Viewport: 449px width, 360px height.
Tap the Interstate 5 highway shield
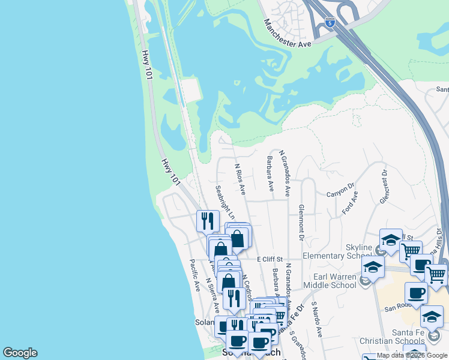pos(330,22)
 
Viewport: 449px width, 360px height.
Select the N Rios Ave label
pos(240,179)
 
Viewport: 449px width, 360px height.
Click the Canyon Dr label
pos(340,193)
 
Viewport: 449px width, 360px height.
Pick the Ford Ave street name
pos(349,203)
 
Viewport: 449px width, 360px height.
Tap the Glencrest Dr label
pos(384,186)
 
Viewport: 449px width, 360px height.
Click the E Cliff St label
pos(270,259)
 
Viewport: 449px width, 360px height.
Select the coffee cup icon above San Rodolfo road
pos(415,293)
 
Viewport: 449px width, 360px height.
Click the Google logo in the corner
pos(20,353)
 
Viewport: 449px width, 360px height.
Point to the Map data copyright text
pos(411,355)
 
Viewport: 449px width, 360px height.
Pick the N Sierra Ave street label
pos(212,295)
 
